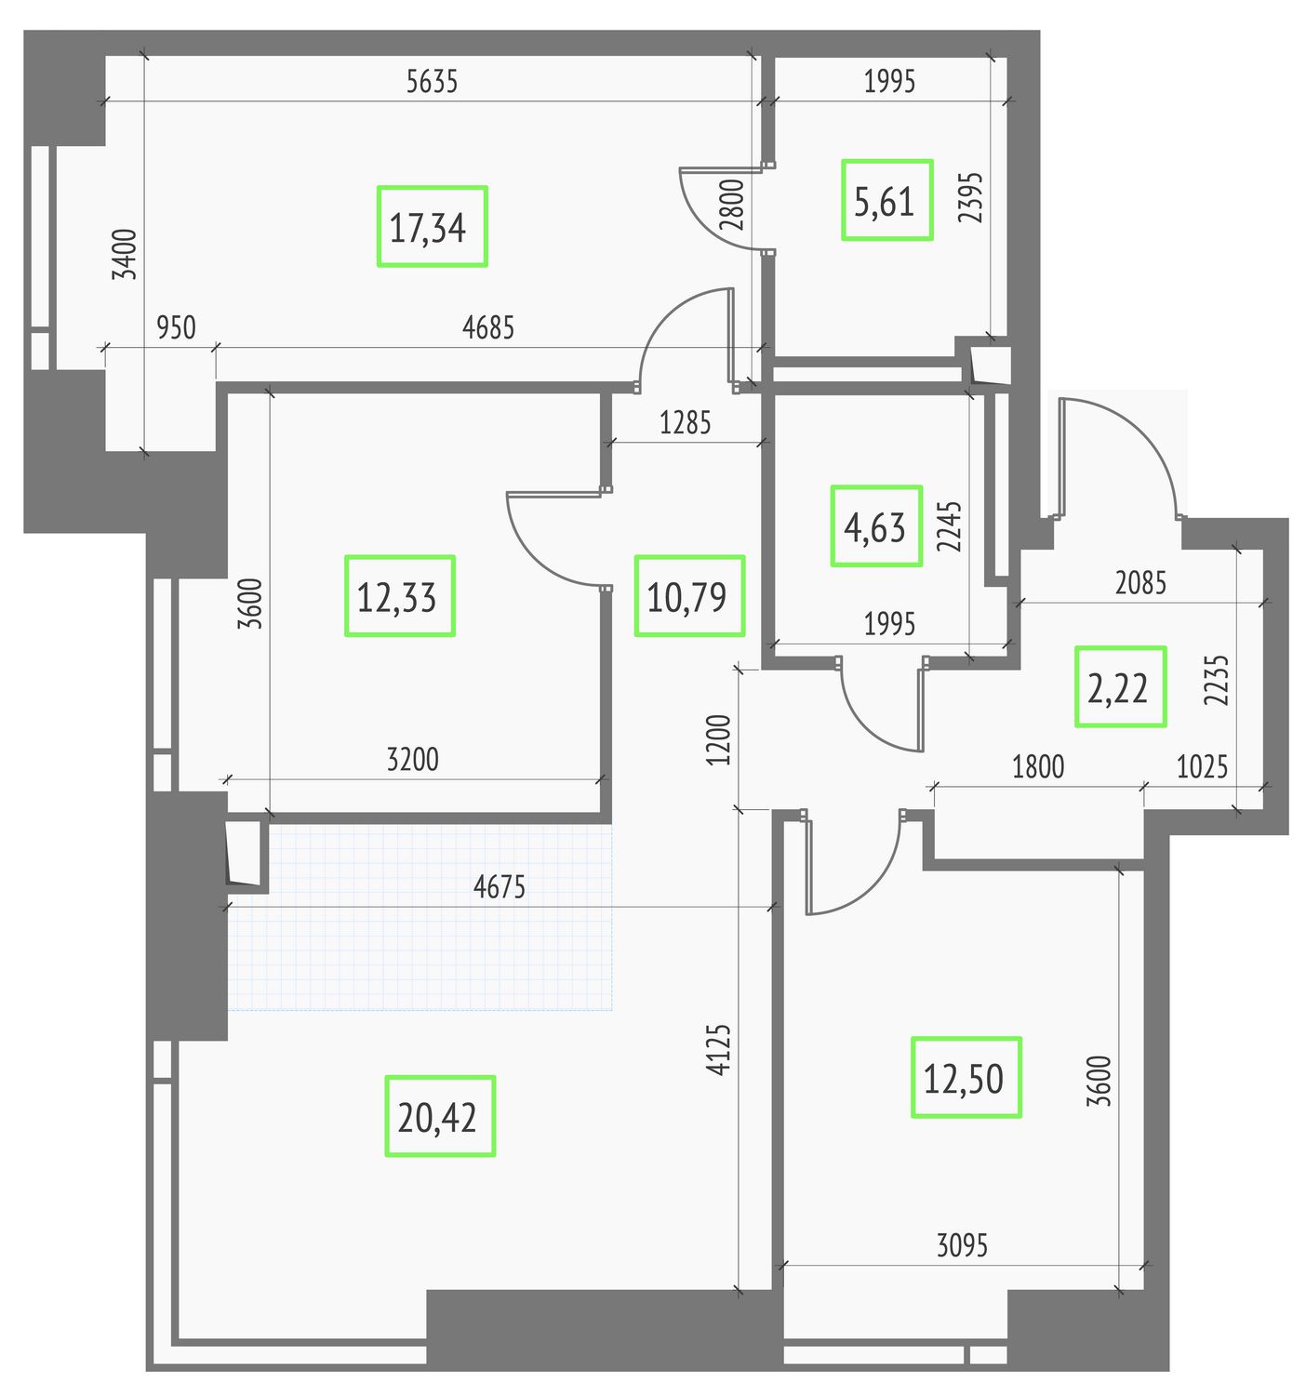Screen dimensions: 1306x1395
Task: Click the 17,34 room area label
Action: point(427,228)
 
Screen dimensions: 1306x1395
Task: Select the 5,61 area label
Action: point(884,202)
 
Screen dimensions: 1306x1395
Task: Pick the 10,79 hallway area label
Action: point(686,598)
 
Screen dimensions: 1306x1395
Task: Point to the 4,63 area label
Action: point(873,527)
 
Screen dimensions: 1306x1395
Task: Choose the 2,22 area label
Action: point(1117,688)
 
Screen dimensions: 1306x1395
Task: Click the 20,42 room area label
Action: point(436,1118)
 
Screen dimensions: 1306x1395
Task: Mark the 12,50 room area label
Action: point(963,1079)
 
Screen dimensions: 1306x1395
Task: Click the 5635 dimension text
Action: point(432,82)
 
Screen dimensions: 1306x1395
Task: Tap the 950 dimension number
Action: point(176,328)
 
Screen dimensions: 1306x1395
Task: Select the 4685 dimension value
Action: point(487,328)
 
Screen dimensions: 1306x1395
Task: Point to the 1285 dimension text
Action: point(685,423)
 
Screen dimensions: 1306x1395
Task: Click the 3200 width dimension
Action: point(413,759)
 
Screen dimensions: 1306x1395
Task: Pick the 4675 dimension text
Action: point(500,887)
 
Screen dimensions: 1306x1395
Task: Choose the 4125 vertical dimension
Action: point(719,1049)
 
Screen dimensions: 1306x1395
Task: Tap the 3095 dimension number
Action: point(962,1245)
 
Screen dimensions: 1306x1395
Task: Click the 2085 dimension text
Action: point(1140,583)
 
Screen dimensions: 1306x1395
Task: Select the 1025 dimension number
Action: point(1202,766)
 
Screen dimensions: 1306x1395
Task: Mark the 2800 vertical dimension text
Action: point(732,206)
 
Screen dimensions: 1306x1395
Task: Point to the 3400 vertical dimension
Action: point(126,254)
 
